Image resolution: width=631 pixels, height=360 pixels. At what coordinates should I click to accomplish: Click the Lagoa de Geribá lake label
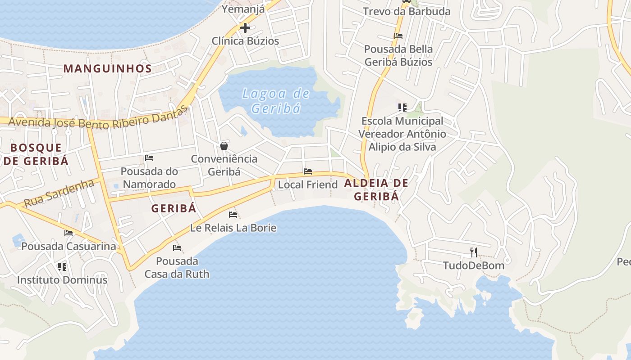point(276,101)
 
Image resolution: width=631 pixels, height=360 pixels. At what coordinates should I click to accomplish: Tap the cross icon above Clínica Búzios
point(245,28)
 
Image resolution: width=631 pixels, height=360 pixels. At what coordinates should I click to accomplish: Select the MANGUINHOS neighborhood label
point(107,68)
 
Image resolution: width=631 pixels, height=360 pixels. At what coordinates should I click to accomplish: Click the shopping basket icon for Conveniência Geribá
point(224,145)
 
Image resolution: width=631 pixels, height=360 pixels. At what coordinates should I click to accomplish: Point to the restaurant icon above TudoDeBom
point(473,252)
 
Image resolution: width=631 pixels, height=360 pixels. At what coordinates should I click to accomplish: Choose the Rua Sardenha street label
point(59,193)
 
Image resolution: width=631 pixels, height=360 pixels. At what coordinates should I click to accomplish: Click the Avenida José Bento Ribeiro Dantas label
point(97,118)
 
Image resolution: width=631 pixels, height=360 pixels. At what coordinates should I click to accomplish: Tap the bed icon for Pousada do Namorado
point(149,158)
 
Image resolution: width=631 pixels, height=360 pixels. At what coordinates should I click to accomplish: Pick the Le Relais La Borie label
point(233,228)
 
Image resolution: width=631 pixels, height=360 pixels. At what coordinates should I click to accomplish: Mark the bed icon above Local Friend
point(308,171)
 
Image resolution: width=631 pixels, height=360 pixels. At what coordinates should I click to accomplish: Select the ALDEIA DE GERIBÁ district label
point(376,189)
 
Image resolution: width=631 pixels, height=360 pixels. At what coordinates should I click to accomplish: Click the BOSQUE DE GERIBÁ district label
point(36,154)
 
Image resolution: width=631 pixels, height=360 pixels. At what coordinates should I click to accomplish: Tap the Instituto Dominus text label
point(62,280)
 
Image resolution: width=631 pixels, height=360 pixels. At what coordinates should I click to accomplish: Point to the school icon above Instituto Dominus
point(62,266)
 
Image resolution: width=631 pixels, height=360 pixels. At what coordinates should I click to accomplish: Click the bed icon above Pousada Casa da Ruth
point(177,248)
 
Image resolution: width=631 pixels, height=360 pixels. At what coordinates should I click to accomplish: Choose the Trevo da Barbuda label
point(407,12)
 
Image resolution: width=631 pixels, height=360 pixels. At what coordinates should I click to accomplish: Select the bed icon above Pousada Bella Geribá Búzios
point(398,36)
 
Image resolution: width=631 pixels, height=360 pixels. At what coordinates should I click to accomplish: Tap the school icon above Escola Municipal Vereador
point(402,107)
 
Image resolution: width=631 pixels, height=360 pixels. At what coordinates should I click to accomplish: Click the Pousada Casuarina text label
point(69,246)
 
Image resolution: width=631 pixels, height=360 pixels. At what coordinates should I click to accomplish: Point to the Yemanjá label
point(243,9)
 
